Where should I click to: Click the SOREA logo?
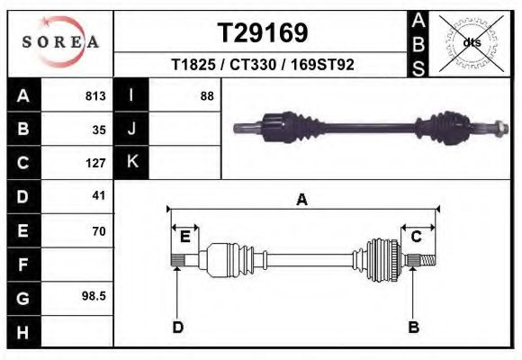click(x=59, y=42)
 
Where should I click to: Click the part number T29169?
click(x=264, y=33)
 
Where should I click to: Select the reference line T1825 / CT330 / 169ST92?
click(x=262, y=65)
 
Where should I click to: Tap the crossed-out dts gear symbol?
click(x=470, y=42)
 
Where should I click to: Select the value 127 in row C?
click(x=96, y=163)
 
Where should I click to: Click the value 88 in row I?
click(x=206, y=96)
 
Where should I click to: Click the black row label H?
click(x=22, y=332)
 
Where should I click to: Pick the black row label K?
click(x=131, y=162)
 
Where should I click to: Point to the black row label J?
click(x=131, y=129)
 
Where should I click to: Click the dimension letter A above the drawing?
click(x=302, y=200)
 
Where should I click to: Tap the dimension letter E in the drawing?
click(x=184, y=237)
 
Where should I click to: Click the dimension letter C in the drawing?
click(x=417, y=237)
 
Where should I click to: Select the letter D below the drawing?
click(x=178, y=327)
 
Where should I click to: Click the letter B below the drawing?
click(x=414, y=327)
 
